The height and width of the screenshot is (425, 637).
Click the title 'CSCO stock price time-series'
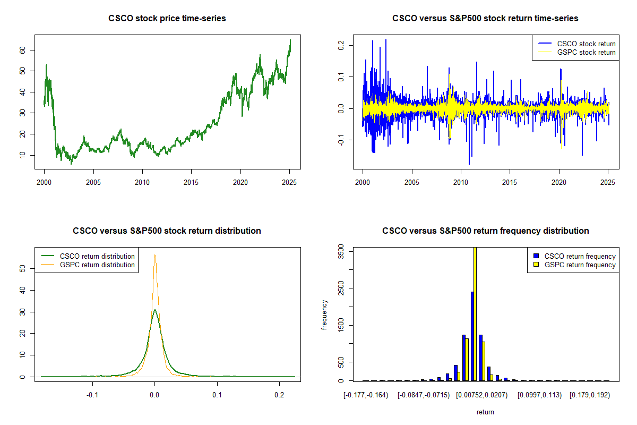click(167, 18)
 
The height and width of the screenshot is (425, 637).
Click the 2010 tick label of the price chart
click(142, 182)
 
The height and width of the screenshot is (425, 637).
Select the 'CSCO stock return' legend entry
click(576, 44)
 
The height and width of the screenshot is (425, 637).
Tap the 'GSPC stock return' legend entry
click(576, 53)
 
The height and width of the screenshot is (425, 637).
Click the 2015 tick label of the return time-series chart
click(509, 182)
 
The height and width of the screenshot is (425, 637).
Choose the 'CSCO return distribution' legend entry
click(88, 256)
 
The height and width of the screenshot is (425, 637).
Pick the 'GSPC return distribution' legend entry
click(88, 265)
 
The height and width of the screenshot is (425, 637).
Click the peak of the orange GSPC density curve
click(155, 255)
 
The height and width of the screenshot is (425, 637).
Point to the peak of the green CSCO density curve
click(154, 310)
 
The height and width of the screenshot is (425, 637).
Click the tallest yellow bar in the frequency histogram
click(475, 314)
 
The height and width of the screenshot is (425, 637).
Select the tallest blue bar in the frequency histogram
click(472, 336)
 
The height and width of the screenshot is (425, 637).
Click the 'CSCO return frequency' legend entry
click(574, 256)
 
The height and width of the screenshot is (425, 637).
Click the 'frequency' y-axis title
click(324, 315)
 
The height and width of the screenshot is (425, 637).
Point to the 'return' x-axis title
click(485, 412)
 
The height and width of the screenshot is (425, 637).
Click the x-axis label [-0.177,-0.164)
click(366, 395)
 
